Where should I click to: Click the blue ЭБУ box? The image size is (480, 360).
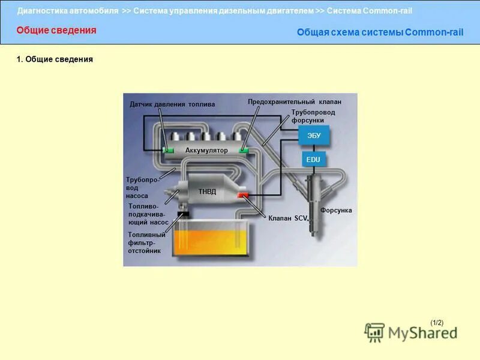(314, 136)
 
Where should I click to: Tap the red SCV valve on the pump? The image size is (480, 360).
(243, 196)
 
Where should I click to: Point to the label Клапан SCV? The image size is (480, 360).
(287, 219)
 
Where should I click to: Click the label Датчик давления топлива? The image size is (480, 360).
(172, 104)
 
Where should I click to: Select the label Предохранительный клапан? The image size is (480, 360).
(295, 102)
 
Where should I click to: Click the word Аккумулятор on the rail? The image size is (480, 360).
(206, 150)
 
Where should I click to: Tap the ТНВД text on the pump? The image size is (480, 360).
(207, 191)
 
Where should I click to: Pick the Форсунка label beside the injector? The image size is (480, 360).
(336, 211)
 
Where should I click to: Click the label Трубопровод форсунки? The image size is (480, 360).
(313, 116)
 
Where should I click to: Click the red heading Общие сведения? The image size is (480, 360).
(56, 31)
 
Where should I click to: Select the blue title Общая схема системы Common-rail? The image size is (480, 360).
(380, 32)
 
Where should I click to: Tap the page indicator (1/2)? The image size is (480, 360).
(437, 323)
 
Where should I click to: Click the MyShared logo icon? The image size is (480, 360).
(375, 332)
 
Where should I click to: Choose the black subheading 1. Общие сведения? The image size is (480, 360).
(55, 60)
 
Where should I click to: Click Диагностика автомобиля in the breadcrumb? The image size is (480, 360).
(68, 11)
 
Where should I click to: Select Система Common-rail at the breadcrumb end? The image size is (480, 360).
(370, 11)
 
